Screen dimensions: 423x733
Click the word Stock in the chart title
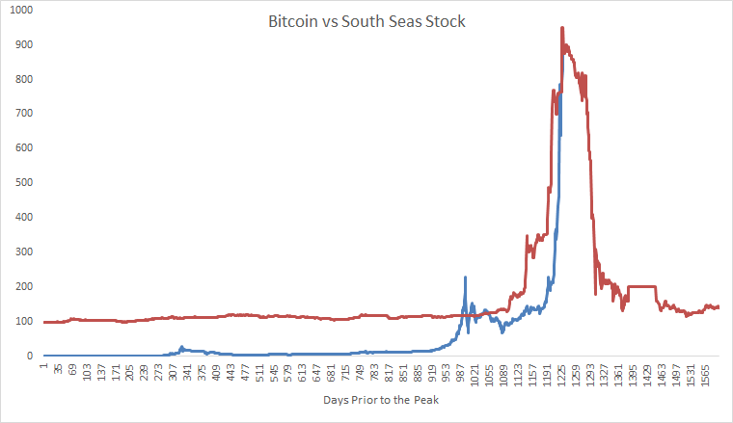pyautogui.click(x=445, y=21)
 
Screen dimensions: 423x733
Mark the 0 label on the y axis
pyautogui.click(x=29, y=357)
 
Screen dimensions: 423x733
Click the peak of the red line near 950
pyautogui.click(x=562, y=28)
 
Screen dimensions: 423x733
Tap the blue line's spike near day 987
pyautogui.click(x=465, y=278)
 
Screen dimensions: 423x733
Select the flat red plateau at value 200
pyautogui.click(x=641, y=286)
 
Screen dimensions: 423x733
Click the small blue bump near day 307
pyautogui.click(x=181, y=347)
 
